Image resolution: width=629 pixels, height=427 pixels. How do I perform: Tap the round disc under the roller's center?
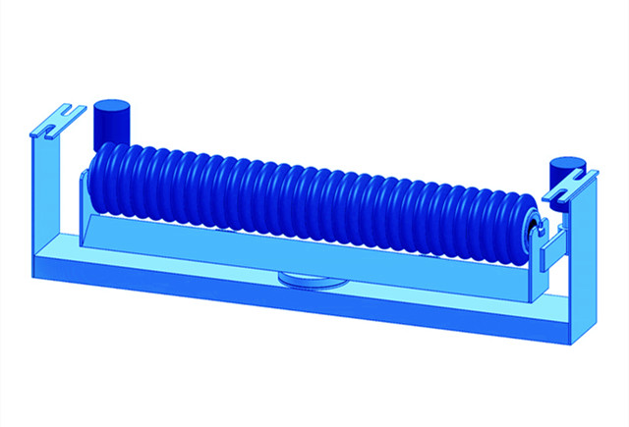coord(313,282)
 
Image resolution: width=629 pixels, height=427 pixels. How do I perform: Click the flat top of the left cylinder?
coord(110,104)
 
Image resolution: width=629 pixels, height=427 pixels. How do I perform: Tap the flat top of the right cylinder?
coord(566,161)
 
